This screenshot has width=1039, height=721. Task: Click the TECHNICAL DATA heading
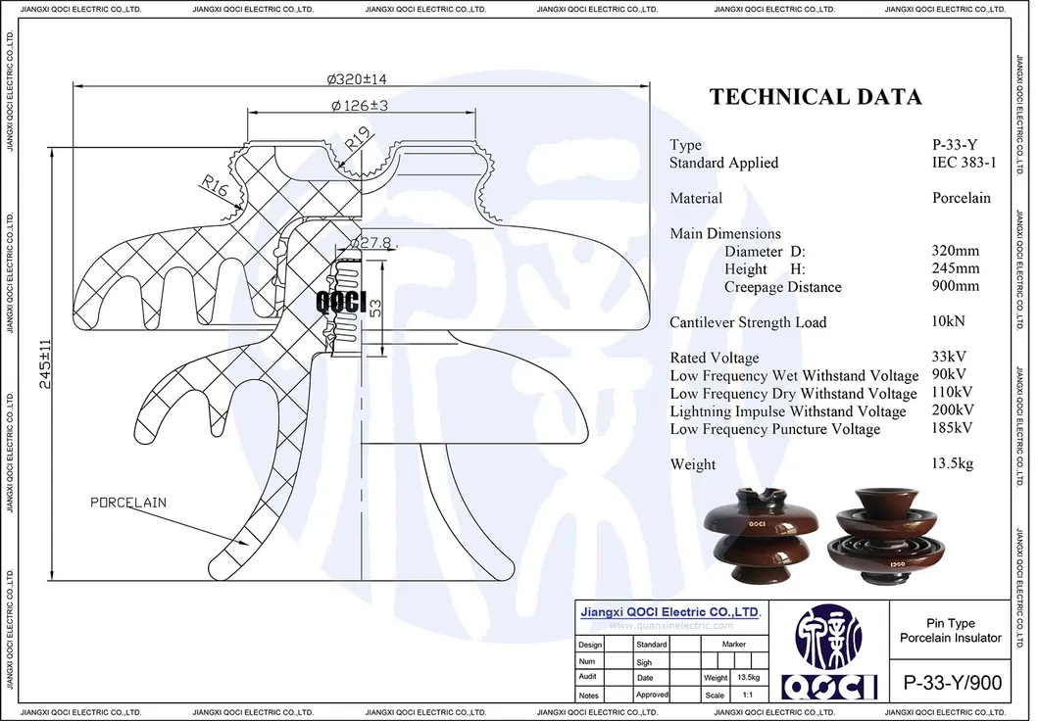click(x=816, y=97)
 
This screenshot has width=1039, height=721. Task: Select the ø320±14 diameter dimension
click(x=357, y=79)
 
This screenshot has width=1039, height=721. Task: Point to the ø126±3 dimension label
click(x=359, y=105)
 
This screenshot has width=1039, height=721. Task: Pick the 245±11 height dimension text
click(x=45, y=363)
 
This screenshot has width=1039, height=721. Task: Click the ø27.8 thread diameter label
click(x=371, y=243)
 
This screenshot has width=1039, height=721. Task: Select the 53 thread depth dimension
click(x=375, y=309)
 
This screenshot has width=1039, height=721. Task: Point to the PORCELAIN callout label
click(x=127, y=503)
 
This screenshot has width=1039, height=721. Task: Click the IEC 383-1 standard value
click(x=965, y=163)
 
